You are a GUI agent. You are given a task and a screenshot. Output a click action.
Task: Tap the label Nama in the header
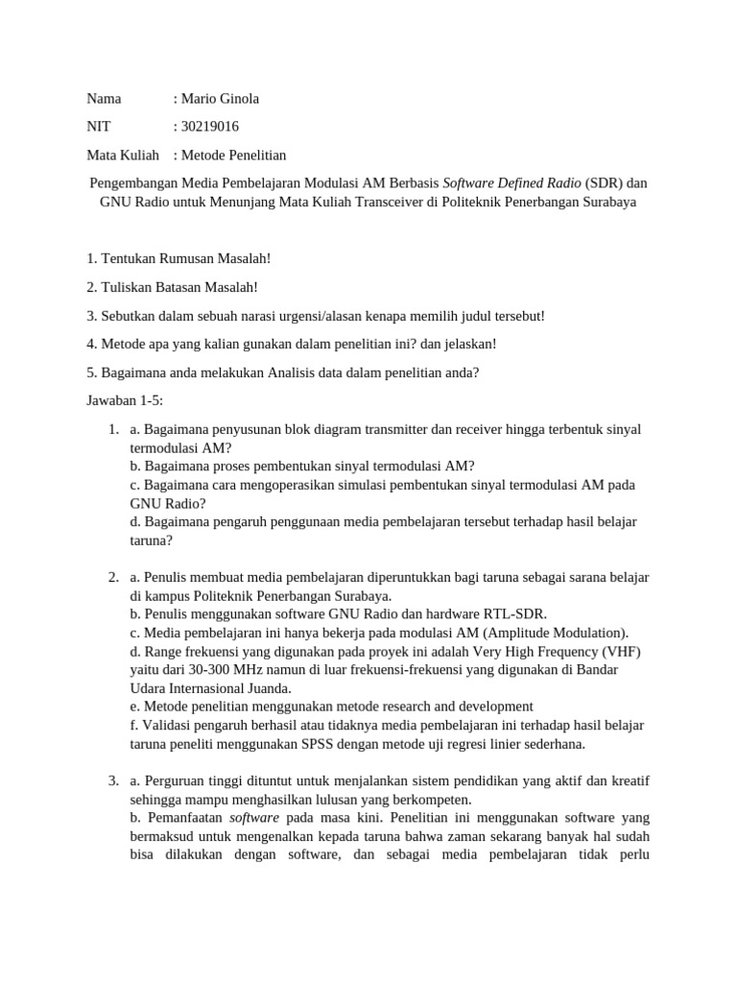(x=104, y=99)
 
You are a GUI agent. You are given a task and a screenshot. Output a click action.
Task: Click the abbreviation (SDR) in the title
(x=605, y=183)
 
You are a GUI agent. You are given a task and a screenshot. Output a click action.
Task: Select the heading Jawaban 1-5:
(x=125, y=400)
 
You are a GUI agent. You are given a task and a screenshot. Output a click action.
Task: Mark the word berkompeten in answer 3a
(x=433, y=800)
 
